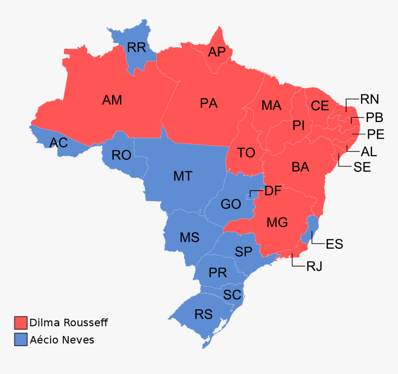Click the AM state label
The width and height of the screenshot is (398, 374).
pos(112,100)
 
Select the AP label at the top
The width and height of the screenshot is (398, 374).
pos(217,52)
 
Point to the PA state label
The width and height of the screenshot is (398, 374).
pos(209,103)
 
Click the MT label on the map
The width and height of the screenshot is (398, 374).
pos(183,176)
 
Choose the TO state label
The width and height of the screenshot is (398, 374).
pos(246,153)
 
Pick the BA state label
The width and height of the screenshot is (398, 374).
pos(300,167)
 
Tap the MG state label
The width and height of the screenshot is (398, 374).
pos(277,222)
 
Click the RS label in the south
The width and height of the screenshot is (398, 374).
pos(204,314)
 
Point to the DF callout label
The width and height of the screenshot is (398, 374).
pos(273,191)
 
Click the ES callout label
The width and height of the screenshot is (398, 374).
pos(334,244)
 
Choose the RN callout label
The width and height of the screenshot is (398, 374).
pos(369,99)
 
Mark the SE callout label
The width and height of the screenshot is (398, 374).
pos(362,167)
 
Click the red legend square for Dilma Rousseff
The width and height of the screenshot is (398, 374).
pos(20,323)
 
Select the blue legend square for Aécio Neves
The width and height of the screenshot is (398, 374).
pos(20,340)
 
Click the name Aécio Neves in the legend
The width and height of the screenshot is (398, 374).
pos(62,340)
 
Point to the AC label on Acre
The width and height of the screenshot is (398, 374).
pos(59,143)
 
